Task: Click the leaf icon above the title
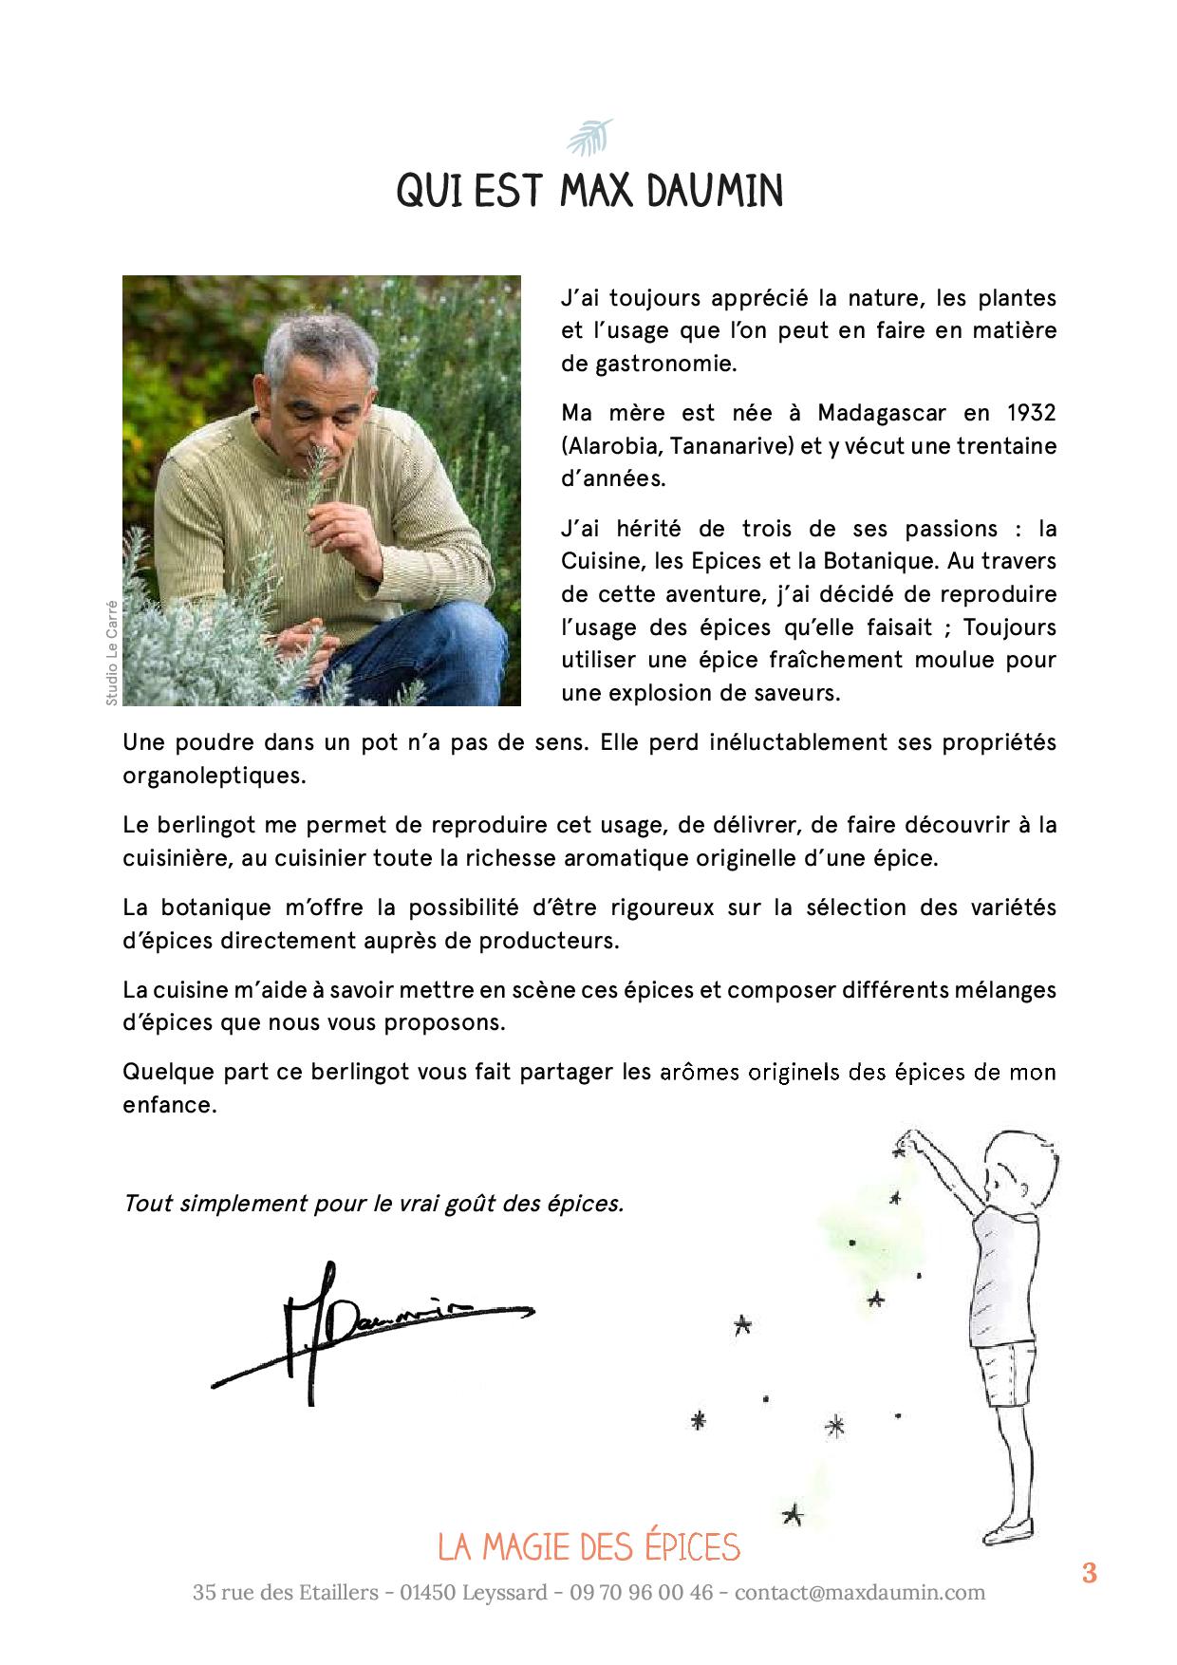(588, 139)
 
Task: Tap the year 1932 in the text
(1030, 413)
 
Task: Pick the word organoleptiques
(214, 776)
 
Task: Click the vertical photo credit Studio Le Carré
(111, 652)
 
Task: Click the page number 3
(1089, 1574)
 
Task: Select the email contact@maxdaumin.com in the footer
(860, 1593)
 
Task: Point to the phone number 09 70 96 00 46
(642, 1593)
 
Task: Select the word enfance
(169, 1105)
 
